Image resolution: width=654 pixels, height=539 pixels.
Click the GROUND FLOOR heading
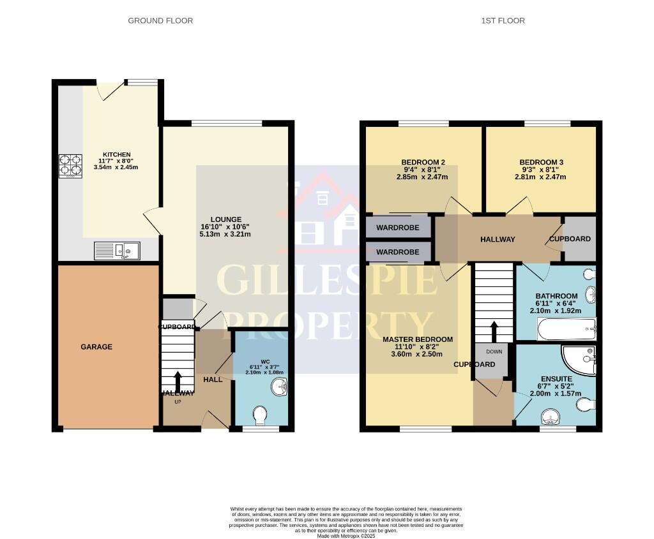click(160, 20)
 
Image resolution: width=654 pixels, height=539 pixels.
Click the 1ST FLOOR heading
click(503, 20)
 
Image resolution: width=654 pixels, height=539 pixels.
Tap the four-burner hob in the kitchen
click(70, 166)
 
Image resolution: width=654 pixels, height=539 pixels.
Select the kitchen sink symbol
click(117, 251)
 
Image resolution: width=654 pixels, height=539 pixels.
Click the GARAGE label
click(96, 347)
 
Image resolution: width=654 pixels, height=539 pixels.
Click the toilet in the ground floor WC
click(260, 416)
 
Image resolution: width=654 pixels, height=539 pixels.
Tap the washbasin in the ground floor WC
click(279, 387)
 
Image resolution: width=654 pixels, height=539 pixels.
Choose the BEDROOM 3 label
click(541, 162)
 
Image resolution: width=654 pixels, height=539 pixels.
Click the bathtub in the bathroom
click(567, 330)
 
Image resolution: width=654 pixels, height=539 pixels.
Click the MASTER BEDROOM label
click(418, 339)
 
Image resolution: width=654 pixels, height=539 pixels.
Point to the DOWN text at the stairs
click(494, 351)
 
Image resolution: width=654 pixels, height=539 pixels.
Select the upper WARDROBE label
click(397, 227)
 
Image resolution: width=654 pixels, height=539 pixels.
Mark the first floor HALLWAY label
click(498, 239)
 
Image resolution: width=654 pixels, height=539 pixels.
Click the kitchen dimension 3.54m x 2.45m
click(116, 167)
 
